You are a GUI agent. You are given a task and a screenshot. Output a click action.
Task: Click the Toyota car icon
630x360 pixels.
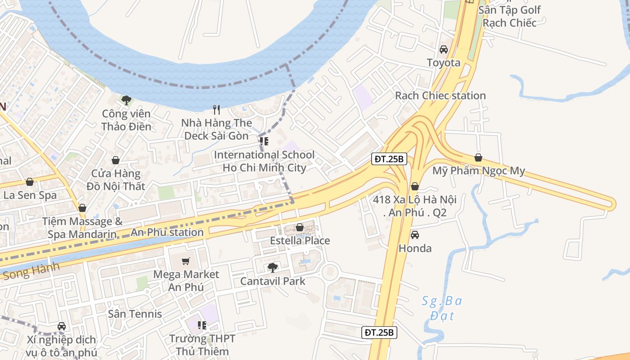444,49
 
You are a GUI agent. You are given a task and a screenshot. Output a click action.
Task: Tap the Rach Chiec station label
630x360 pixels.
440,95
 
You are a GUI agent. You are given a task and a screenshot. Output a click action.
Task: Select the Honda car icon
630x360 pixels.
415,235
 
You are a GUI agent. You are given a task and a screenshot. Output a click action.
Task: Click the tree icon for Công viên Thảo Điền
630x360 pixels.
126,100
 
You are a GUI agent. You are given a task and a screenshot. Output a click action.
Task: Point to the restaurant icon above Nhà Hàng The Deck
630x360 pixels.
216,109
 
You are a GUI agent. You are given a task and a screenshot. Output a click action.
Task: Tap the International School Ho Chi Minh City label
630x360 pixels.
264,161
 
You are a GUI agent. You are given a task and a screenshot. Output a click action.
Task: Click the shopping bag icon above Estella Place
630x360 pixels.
299,228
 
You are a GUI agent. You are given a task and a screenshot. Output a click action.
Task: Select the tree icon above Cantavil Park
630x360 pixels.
272,268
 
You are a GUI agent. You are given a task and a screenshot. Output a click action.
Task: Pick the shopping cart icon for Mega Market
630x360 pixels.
186,261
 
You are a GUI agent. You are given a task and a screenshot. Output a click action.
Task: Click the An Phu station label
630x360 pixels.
167,232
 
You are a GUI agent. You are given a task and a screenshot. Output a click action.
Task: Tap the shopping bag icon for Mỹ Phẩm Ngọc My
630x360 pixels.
478,157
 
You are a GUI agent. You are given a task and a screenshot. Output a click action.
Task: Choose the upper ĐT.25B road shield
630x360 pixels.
390,159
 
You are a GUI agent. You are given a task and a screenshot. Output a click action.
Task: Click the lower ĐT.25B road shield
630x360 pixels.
379,333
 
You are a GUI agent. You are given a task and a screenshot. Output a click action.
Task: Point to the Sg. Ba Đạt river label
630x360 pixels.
441,307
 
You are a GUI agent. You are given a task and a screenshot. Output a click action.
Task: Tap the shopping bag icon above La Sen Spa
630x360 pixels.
30,182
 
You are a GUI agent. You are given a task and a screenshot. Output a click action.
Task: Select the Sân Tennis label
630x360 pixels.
135,314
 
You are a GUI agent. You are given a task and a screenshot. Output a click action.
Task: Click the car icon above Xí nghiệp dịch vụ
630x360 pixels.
62,326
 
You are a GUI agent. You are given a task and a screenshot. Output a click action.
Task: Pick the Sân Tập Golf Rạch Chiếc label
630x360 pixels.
509,16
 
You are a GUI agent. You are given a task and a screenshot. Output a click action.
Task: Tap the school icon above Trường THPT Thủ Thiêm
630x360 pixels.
202,325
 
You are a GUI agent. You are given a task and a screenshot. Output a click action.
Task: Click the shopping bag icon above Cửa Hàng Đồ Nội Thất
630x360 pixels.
116,160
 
